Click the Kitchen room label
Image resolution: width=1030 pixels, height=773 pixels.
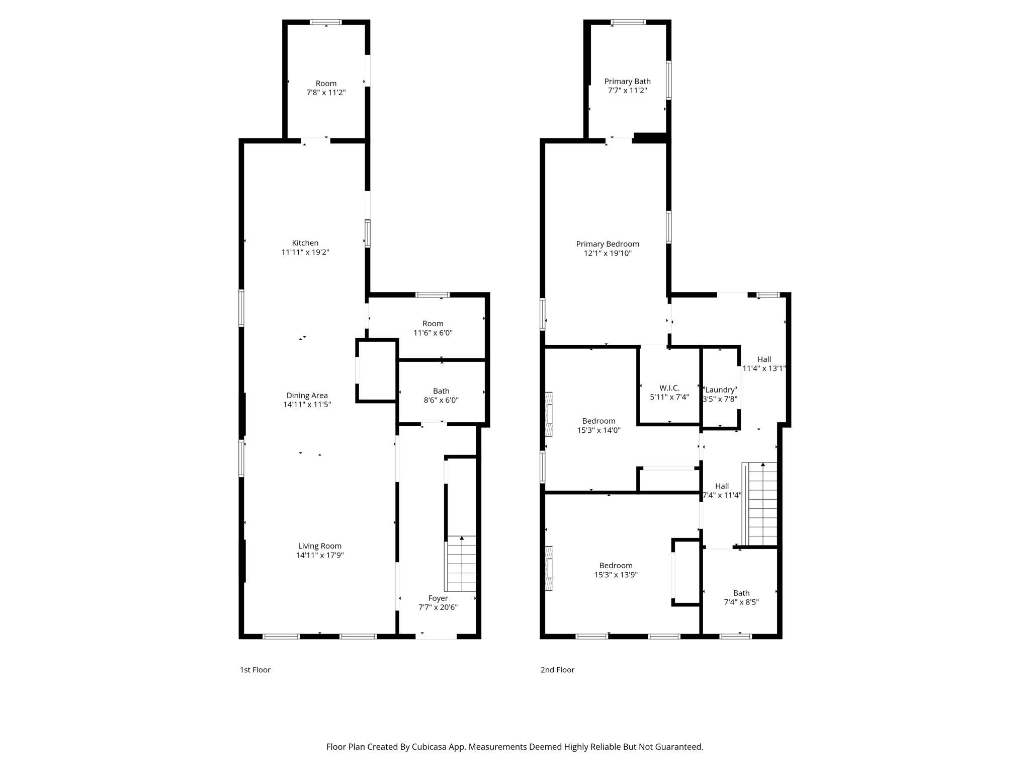pos(305,243)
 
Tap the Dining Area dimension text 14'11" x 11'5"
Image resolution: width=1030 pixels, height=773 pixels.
pos(307,405)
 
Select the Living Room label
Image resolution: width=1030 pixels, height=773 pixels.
pos(319,546)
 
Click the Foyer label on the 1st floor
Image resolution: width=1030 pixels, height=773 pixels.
pos(438,598)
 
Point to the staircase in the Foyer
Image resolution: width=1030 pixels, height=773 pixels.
pos(461,564)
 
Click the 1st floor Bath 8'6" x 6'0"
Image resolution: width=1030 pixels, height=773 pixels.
pos(441,396)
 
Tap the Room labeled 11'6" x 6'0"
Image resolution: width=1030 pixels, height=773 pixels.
pos(433,328)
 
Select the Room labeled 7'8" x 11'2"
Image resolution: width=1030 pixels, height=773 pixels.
pos(326,88)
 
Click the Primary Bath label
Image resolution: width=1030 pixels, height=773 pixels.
pos(627,82)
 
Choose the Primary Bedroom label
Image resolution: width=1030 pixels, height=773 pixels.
pos(608,244)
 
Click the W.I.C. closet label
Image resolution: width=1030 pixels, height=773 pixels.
pos(669,388)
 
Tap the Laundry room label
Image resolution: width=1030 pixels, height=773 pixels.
pos(720,390)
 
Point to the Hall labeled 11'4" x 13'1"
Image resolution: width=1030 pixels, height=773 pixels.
pos(764,364)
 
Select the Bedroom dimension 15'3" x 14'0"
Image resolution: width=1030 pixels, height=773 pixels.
pos(598,431)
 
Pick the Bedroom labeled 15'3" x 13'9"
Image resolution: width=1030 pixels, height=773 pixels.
pos(616,570)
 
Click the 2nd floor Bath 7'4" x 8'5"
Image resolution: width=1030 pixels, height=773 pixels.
pos(741,597)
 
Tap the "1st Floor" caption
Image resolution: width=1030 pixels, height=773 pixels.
pos(255,670)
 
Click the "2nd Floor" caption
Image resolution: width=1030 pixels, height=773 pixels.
pos(557,670)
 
